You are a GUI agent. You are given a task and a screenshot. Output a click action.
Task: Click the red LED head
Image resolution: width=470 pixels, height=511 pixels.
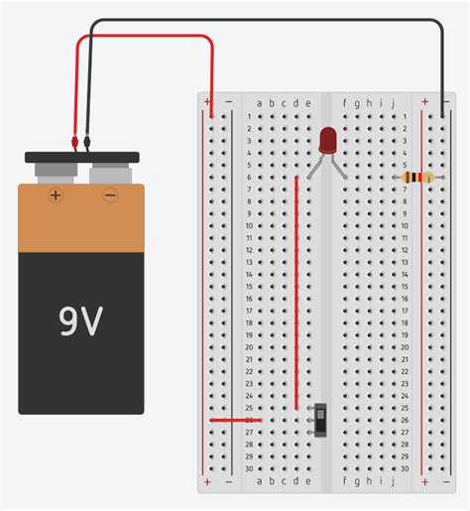[328, 140]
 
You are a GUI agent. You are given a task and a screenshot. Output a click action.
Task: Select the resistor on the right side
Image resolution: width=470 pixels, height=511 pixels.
[417, 179]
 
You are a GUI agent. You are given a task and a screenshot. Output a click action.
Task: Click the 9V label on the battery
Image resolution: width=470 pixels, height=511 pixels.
[81, 320]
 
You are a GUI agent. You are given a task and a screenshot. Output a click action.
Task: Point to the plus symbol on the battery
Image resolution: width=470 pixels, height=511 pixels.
[56, 195]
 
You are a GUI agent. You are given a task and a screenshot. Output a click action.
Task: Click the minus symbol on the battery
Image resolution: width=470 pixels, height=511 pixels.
[109, 195]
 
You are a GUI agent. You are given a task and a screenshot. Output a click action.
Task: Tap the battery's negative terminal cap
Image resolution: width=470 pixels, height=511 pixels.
[107, 175]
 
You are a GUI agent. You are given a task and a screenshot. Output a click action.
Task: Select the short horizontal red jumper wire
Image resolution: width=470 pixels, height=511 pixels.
[230, 419]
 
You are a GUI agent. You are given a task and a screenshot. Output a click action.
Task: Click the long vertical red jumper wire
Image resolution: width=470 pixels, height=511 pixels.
[296, 288]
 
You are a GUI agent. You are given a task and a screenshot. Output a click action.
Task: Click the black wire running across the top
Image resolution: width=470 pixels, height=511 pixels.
[268, 22]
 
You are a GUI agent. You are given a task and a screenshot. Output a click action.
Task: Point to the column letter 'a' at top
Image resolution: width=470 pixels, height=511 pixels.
[259, 102]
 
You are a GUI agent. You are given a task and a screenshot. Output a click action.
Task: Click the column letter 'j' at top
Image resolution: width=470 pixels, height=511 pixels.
[394, 102]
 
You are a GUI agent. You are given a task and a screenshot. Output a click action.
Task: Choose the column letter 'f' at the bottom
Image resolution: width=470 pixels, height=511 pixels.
[344, 481]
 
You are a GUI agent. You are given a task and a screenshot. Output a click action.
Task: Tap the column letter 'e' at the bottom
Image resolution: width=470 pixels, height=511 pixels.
[308, 481]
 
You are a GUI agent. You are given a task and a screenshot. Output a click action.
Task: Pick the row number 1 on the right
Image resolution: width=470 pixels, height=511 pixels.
[405, 116]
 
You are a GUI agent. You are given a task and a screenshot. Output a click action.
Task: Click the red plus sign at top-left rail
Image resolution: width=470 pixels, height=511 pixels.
[208, 102]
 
